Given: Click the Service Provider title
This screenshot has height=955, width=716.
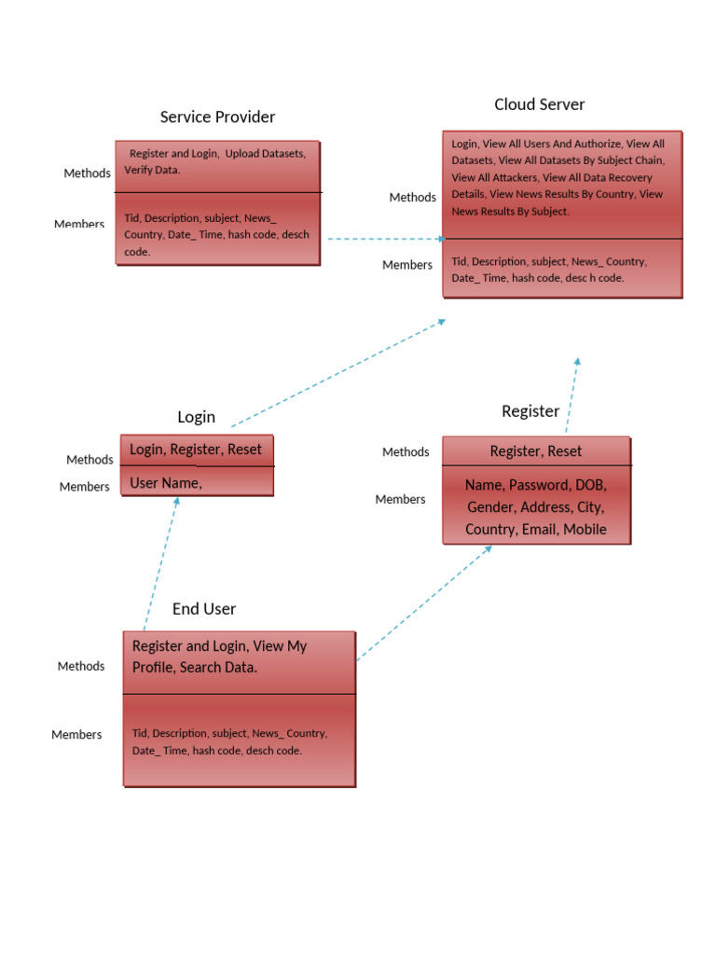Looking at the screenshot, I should click(217, 117).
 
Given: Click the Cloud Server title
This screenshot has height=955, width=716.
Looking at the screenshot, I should click(539, 104).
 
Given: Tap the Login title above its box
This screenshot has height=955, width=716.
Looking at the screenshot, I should click(196, 417).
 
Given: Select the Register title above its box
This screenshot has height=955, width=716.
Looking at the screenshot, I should click(530, 411).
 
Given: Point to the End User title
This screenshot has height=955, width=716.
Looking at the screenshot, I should click(203, 609).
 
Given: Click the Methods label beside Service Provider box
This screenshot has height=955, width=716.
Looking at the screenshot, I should click(87, 173).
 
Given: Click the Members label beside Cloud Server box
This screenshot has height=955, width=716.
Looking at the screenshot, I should click(406, 265).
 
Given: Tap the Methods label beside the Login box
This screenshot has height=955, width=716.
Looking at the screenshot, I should click(89, 460).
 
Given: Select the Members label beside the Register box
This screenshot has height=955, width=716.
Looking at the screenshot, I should click(400, 500).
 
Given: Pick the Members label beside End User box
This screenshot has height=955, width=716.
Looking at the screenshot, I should click(76, 735).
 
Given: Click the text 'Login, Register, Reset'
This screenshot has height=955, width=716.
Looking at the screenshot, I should click(196, 450).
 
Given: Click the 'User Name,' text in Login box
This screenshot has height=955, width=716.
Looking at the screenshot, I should click(165, 483).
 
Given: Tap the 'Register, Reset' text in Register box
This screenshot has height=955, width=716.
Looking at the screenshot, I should click(535, 451).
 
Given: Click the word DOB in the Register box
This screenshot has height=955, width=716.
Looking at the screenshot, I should click(590, 486).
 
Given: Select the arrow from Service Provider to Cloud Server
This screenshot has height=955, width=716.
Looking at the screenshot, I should click(382, 239).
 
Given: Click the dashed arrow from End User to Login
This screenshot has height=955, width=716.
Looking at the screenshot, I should click(160, 564).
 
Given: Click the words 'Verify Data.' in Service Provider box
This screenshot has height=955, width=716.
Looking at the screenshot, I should click(152, 171).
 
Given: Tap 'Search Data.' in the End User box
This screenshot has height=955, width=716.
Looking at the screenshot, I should click(218, 668).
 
